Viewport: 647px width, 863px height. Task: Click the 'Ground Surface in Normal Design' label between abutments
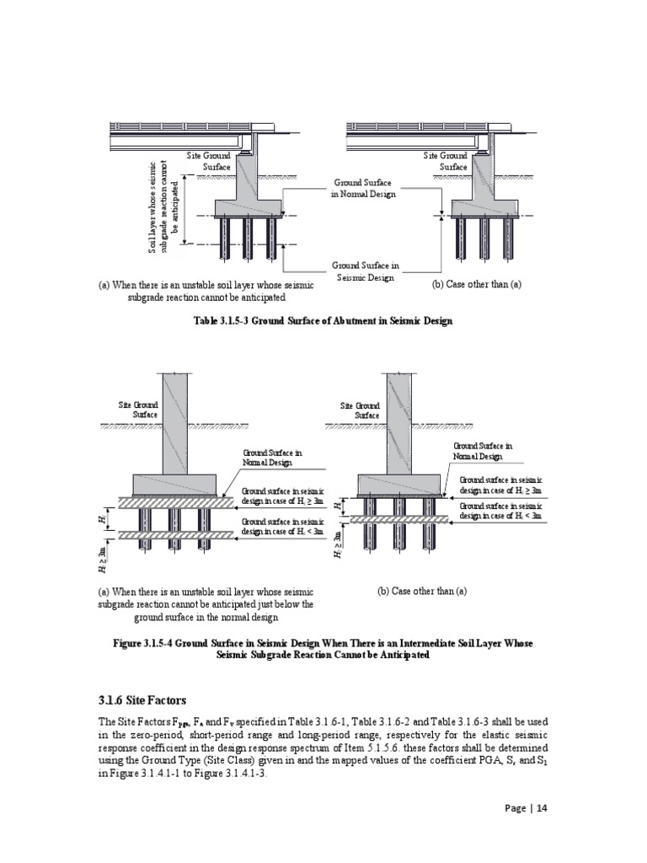point(364,187)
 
